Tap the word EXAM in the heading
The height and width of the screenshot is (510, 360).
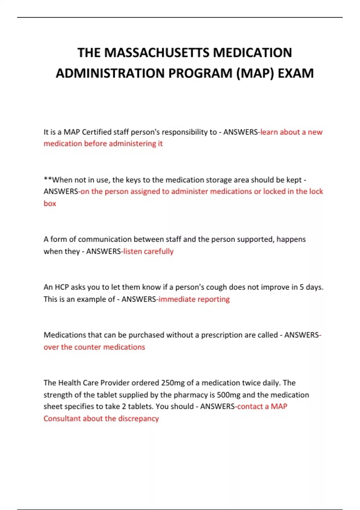click(x=295, y=73)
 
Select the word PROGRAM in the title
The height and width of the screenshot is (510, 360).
click(x=200, y=73)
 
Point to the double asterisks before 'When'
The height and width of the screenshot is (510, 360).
click(x=48, y=180)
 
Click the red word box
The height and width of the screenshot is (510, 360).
click(x=50, y=203)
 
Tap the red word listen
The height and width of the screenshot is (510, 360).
click(x=132, y=251)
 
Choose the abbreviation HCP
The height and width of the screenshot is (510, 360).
click(x=62, y=287)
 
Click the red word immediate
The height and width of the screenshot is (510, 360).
click(x=177, y=299)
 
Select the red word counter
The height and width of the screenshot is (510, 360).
click(x=87, y=347)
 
